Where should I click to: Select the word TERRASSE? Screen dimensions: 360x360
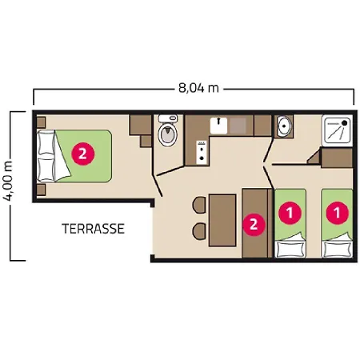(93, 229)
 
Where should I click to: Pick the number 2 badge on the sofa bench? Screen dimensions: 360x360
(254, 224)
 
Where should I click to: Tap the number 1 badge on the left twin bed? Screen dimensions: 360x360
(289, 213)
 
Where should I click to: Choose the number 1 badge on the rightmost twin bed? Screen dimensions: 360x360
(337, 213)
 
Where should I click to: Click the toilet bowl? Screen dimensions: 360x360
(167, 134)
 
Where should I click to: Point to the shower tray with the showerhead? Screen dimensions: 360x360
(339, 130)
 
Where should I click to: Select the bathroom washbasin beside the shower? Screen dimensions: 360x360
(286, 126)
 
